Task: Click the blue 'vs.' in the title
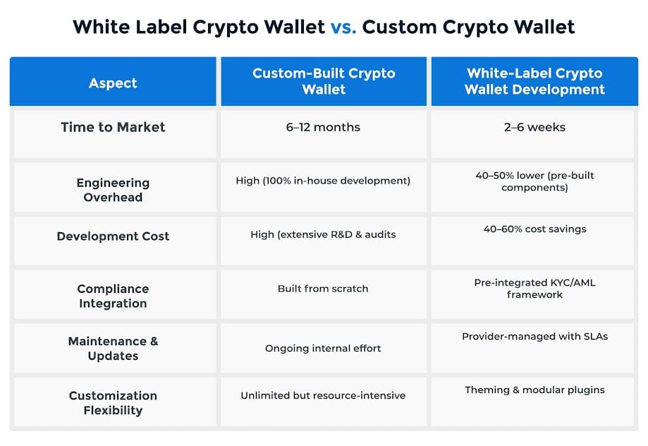pyautogui.click(x=343, y=28)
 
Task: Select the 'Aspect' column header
pyautogui.click(x=113, y=83)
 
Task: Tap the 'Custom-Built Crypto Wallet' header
pyautogui.click(x=324, y=81)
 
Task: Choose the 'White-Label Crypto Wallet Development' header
pyautogui.click(x=534, y=81)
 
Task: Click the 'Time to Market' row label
pyautogui.click(x=113, y=127)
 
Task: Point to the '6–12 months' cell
pyautogui.click(x=324, y=127)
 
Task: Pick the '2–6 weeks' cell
pyautogui.click(x=534, y=127)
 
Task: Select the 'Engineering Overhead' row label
pyautogui.click(x=113, y=190)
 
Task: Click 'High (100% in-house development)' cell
pyautogui.click(x=323, y=181)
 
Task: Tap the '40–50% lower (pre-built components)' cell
pyautogui.click(x=534, y=181)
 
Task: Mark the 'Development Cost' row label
pyautogui.click(x=113, y=236)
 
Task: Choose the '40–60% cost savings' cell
pyautogui.click(x=534, y=229)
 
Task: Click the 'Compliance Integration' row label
pyautogui.click(x=113, y=296)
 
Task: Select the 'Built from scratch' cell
pyautogui.click(x=323, y=289)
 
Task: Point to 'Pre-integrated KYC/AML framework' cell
pyautogui.click(x=534, y=289)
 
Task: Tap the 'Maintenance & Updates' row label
pyautogui.click(x=113, y=348)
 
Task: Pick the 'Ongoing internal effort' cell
pyautogui.click(x=323, y=348)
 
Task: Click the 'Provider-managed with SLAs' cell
pyautogui.click(x=534, y=337)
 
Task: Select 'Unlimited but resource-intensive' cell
pyautogui.click(x=323, y=395)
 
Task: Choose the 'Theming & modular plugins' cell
pyautogui.click(x=534, y=390)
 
